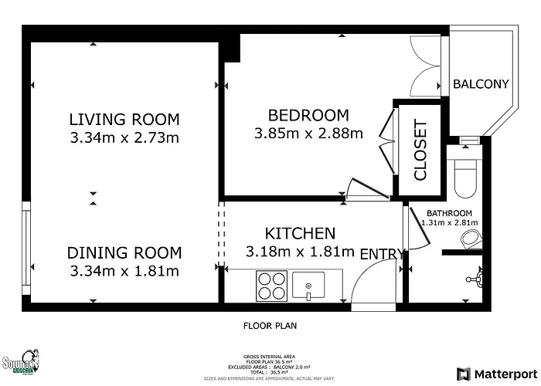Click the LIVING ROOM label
(x=124, y=120)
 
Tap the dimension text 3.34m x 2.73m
(x=124, y=138)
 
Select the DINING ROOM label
(x=124, y=252)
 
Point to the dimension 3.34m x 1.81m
(x=124, y=271)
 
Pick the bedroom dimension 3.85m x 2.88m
(x=308, y=134)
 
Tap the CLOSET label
(x=420, y=150)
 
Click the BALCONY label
(x=480, y=84)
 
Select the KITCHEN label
(x=300, y=233)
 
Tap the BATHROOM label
(x=450, y=213)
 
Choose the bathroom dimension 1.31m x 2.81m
(x=450, y=222)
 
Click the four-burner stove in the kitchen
(x=270, y=286)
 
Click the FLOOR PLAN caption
(x=270, y=326)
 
